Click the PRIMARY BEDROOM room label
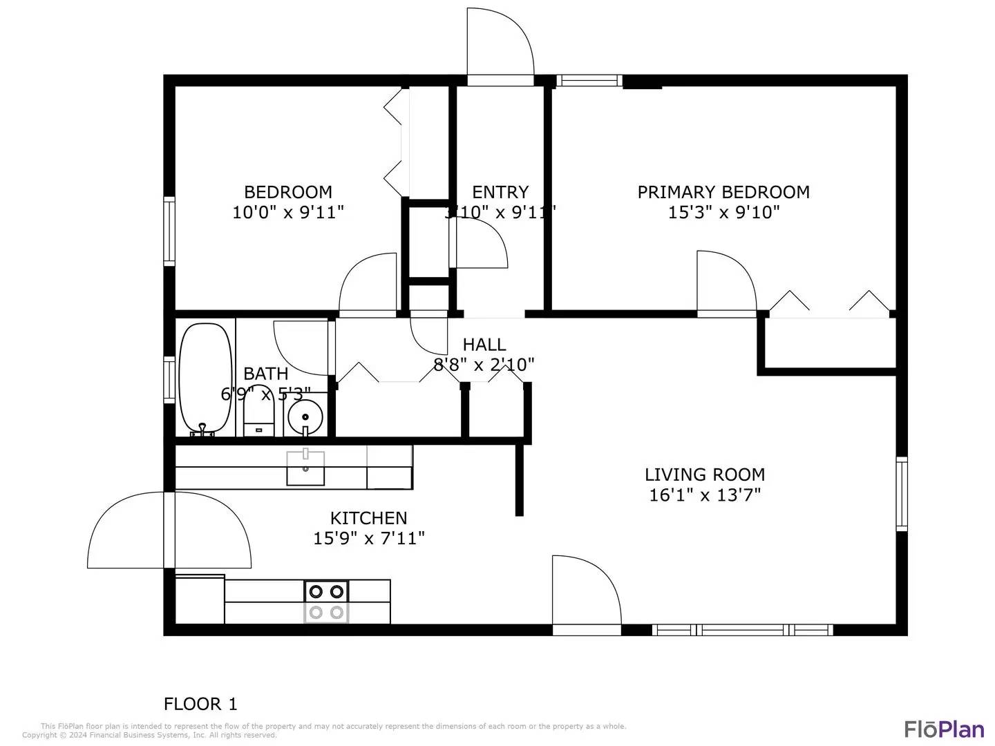pos(723,192)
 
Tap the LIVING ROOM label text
pos(704,475)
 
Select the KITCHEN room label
pos(368,518)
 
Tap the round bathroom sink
pos(305,417)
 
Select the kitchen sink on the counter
pos(305,468)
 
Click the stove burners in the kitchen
pos(326,602)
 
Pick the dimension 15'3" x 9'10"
pos(723,212)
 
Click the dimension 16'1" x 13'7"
pos(704,495)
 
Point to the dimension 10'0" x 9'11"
pos(287,212)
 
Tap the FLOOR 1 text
pos(200,704)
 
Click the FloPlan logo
pos(944,729)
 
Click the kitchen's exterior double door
pos(169,530)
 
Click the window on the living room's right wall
pos(901,493)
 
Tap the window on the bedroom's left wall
pos(169,231)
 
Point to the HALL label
pos(484,344)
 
